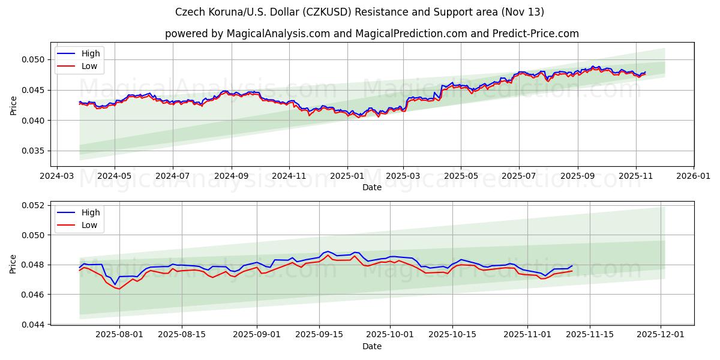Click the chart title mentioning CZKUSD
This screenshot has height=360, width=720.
tap(360, 12)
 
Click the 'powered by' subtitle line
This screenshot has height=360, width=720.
tap(372, 34)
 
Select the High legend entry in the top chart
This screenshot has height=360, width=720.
tap(91, 53)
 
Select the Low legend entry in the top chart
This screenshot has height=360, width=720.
tap(89, 66)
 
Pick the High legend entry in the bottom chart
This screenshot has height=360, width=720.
tap(91, 212)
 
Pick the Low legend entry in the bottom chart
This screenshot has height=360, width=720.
tap(89, 225)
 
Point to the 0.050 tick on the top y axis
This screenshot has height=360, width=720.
tap(35, 59)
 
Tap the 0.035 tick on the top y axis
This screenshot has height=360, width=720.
tap(35, 151)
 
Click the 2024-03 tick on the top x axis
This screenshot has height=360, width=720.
tap(56, 176)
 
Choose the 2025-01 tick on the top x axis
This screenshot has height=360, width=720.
tap(347, 176)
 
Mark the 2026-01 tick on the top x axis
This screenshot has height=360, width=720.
tap(693, 176)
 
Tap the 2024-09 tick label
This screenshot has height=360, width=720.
tap(231, 176)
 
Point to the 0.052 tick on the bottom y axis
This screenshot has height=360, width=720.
tap(35, 205)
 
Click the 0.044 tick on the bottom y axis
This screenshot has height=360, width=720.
tap(35, 325)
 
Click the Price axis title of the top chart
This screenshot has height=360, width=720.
tap(13, 106)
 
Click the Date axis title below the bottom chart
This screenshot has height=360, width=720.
tap(372, 346)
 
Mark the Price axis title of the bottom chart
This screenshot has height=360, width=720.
tap(13, 264)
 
